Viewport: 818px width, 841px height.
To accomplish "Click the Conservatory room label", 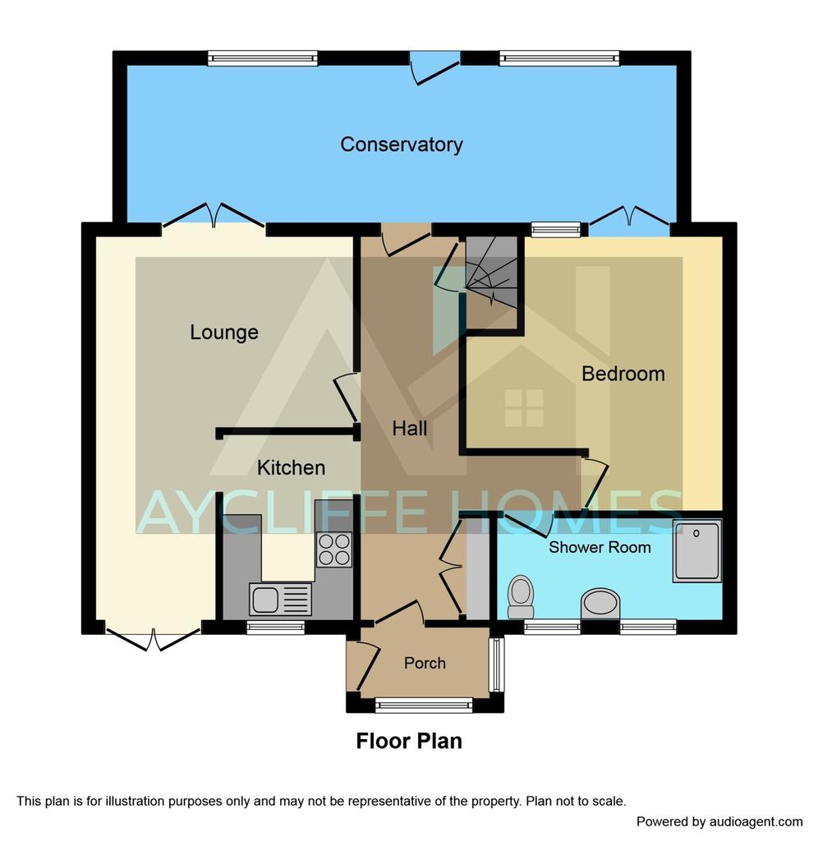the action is click(402, 145).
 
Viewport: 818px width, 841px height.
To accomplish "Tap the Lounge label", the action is click(224, 332).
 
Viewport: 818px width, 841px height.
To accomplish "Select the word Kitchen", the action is click(292, 467).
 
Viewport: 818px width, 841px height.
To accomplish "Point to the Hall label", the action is click(409, 428).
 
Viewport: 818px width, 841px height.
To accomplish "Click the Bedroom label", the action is click(623, 374).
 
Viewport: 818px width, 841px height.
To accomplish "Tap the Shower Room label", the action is click(600, 547).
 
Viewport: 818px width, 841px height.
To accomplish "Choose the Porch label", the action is click(425, 663).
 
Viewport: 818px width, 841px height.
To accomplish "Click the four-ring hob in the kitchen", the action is click(334, 549).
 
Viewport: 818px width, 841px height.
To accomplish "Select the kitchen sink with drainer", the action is click(281, 599).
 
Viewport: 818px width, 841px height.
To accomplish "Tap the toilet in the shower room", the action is click(521, 597).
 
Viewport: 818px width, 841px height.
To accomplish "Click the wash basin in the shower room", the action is click(600, 604).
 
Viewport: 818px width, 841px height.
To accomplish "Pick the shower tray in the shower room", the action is click(697, 551).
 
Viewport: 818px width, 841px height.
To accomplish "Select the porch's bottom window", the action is click(424, 705).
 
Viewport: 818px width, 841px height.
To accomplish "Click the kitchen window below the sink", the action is click(276, 627).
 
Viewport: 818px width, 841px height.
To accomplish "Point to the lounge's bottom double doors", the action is click(154, 638).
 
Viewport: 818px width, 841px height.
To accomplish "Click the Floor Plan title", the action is click(409, 742).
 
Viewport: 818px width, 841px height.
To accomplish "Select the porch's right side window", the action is click(497, 664).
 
